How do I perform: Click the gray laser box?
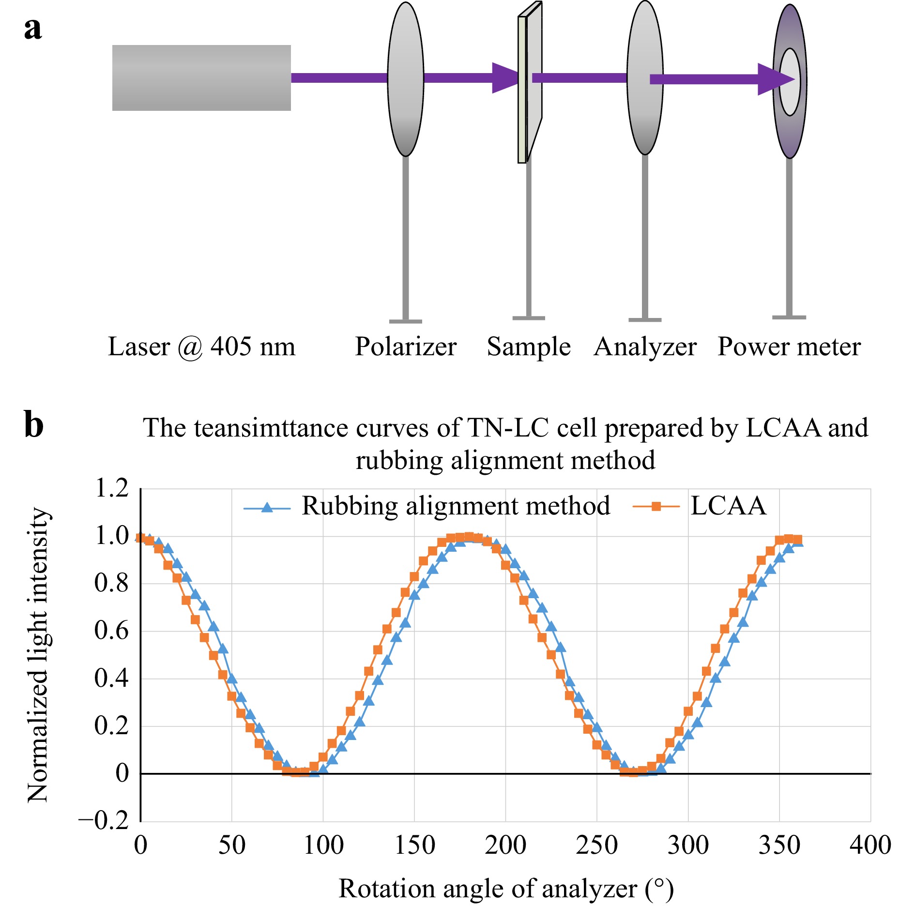tap(201, 78)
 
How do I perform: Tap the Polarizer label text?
tap(406, 347)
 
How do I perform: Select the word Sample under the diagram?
tap(529, 347)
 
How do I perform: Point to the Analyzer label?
tap(645, 347)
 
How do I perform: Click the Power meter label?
tap(789, 347)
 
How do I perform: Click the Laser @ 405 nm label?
tap(201, 347)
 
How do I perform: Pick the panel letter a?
tap(33, 29)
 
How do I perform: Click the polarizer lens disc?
tap(406, 79)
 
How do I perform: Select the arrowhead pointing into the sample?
tap(505, 77)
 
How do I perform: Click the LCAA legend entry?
tap(700, 506)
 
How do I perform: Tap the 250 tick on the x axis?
tap(596, 846)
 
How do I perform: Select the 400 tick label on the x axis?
tap(870, 846)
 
